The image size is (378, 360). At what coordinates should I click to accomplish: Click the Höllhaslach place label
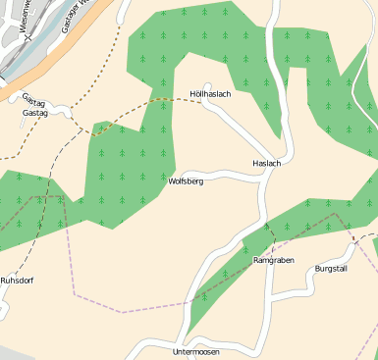tap(210, 94)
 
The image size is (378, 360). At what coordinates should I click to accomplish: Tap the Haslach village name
tap(266, 163)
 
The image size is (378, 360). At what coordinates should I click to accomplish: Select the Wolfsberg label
tap(186, 181)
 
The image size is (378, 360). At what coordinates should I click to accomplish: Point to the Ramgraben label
tap(274, 261)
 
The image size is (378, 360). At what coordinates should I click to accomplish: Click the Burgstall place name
tap(331, 269)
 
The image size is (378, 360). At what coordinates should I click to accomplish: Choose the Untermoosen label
tap(196, 352)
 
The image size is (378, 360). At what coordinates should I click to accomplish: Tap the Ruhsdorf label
tap(17, 281)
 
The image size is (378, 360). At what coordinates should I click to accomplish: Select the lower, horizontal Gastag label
tap(34, 114)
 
